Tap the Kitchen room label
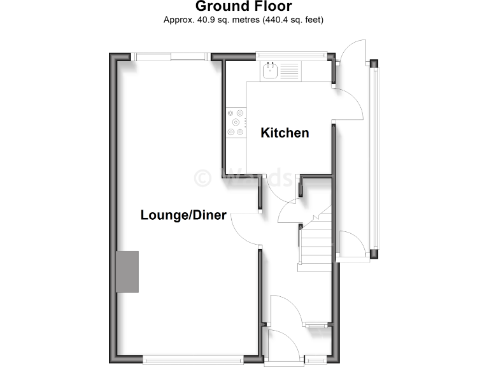285,133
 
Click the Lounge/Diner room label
183,215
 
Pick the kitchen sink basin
269,70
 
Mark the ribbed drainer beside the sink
288,70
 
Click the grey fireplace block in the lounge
127,271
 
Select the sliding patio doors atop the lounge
172,57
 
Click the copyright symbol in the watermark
203,176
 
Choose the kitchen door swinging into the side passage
347,102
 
